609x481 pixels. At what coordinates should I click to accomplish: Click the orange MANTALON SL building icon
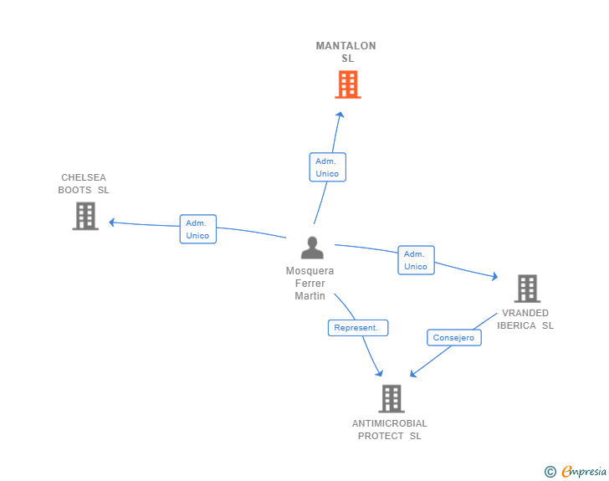click(348, 84)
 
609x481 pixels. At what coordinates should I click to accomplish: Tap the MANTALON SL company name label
click(346, 52)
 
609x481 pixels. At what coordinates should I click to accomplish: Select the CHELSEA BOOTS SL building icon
click(85, 216)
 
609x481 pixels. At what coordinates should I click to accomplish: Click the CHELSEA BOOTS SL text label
click(84, 184)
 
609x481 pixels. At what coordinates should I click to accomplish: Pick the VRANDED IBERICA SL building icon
click(527, 289)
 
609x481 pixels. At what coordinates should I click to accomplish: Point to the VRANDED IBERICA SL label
click(525, 319)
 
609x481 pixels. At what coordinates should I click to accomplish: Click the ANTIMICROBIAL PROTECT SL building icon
click(391, 399)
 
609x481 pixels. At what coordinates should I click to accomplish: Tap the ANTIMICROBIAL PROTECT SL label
click(390, 429)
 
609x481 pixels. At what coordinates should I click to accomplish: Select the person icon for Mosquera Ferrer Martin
click(312, 248)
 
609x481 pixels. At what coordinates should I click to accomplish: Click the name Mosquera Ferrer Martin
click(310, 284)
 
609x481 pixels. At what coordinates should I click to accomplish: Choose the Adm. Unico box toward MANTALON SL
click(327, 167)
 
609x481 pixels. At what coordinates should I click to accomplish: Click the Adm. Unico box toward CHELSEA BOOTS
click(197, 229)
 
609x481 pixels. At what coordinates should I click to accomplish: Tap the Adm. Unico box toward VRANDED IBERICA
click(416, 260)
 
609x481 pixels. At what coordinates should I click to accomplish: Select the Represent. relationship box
click(358, 328)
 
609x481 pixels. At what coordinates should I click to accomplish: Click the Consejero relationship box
click(454, 338)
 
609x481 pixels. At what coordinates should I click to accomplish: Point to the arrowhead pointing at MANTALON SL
click(340, 115)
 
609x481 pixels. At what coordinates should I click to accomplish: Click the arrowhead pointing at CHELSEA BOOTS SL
click(112, 223)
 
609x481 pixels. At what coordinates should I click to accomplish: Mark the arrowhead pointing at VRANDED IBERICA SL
click(495, 276)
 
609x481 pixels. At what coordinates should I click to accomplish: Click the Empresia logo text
click(584, 471)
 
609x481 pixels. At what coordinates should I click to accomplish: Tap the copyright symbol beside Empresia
click(550, 472)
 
